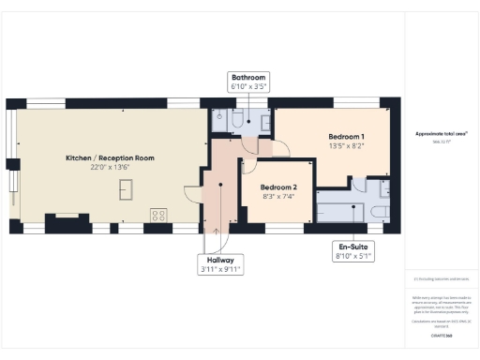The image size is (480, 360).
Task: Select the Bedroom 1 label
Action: [333, 137]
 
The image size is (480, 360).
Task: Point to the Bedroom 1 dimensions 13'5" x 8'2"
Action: [333, 146]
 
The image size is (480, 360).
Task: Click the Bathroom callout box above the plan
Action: [248, 82]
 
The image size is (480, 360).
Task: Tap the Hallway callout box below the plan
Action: [220, 264]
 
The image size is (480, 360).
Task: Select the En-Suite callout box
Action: [353, 250]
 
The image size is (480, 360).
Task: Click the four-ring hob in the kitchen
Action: [157, 215]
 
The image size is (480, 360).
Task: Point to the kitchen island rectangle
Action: [124, 190]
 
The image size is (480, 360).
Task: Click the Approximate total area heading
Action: [442, 134]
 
